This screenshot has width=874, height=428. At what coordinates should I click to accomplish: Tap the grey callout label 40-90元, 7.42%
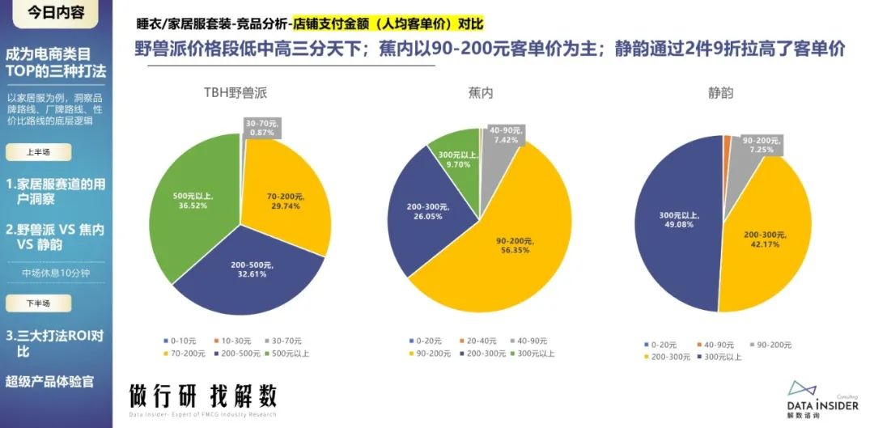tap(505, 135)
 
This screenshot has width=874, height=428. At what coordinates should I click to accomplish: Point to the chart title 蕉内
tap(481, 93)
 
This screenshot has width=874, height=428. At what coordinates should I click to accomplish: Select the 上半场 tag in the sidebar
tap(38, 151)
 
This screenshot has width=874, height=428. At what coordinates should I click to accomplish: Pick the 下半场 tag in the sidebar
tap(38, 303)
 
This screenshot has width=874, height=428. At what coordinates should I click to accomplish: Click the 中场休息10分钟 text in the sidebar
tap(55, 273)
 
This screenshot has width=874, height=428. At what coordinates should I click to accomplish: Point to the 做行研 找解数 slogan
tap(203, 396)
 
